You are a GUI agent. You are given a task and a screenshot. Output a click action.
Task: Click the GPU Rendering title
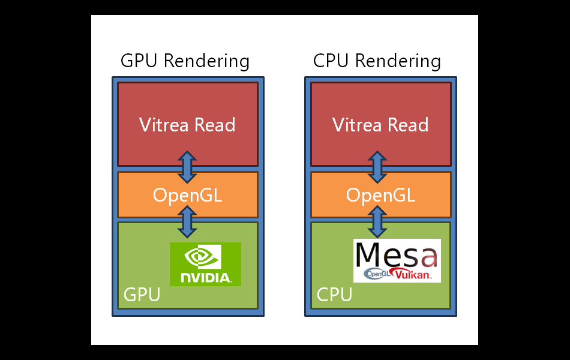(x=185, y=61)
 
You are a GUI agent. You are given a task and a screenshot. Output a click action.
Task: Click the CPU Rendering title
(x=377, y=61)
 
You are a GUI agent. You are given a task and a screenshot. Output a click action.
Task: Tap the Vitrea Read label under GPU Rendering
(x=187, y=125)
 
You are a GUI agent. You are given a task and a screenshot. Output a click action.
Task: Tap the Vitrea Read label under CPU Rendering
(x=380, y=125)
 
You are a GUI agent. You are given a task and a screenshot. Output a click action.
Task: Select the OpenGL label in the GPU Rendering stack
(x=187, y=195)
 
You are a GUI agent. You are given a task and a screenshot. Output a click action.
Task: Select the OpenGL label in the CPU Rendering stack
(x=380, y=195)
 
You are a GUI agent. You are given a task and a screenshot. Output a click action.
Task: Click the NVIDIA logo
(x=205, y=264)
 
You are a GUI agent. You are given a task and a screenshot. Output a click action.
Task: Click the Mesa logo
(x=397, y=260)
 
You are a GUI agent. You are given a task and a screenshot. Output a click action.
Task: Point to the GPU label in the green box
(x=142, y=295)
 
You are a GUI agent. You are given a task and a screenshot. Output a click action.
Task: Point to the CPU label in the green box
(x=334, y=295)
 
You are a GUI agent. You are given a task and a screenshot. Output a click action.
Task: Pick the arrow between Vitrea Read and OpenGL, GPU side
(x=187, y=167)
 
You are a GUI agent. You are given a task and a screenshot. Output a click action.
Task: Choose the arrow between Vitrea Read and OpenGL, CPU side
(x=377, y=167)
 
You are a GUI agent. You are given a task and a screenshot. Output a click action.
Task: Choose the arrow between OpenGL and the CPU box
(x=377, y=221)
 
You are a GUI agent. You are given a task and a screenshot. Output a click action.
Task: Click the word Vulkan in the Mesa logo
(x=415, y=274)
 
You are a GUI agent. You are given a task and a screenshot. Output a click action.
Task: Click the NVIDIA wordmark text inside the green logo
(x=206, y=278)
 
